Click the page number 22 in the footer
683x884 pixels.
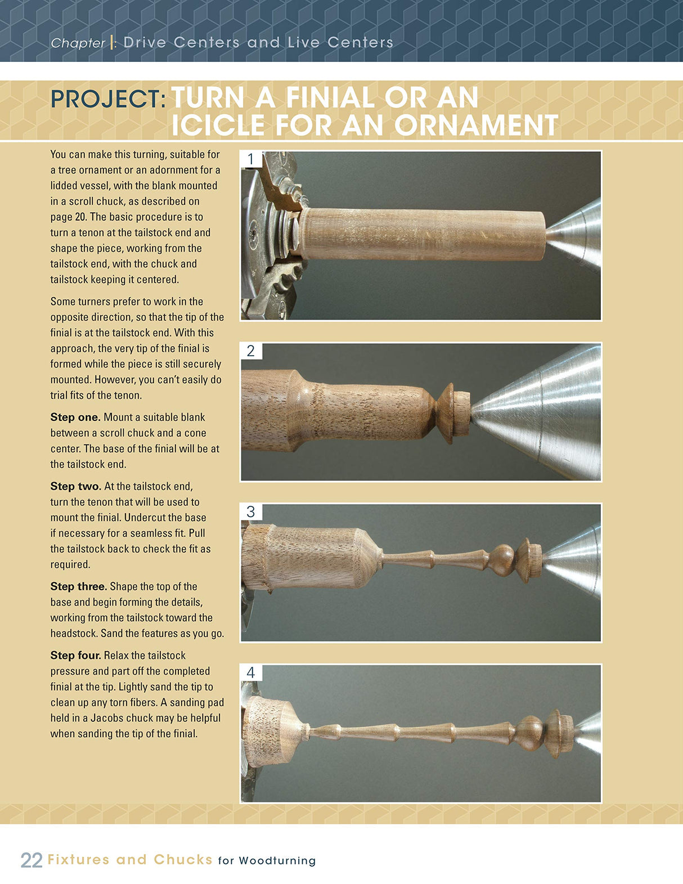(x=32, y=860)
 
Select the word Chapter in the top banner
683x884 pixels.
(x=78, y=43)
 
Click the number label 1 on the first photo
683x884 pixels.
(x=251, y=160)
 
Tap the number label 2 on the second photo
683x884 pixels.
(x=251, y=351)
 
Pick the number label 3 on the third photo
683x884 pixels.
(x=251, y=512)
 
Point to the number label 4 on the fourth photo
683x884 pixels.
(x=251, y=673)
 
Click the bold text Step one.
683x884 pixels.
(x=75, y=418)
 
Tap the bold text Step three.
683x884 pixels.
(x=79, y=586)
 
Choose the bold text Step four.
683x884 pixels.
(x=76, y=656)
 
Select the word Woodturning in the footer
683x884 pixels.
(x=277, y=861)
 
